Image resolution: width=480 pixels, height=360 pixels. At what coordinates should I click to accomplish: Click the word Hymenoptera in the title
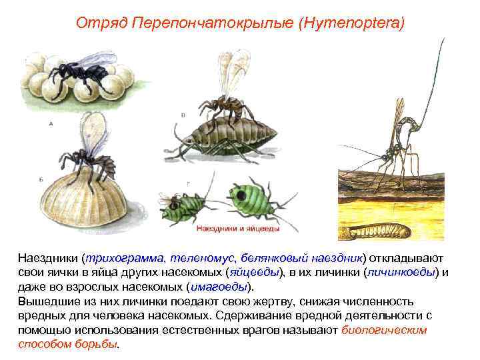point(353,23)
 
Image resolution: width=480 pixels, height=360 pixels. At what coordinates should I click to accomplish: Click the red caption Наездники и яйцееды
point(238,228)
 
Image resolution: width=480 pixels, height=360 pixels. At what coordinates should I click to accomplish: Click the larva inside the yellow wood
point(377,231)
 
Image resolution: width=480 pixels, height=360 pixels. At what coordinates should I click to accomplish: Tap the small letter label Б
point(42,179)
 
